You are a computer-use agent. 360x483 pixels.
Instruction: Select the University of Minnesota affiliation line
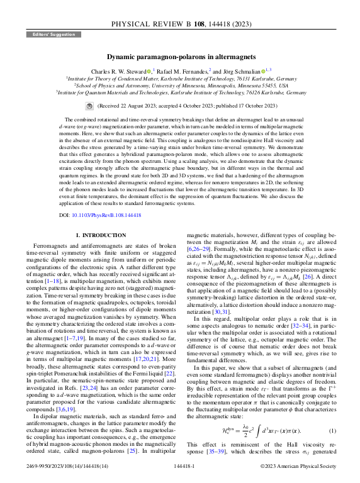click(x=179, y=85)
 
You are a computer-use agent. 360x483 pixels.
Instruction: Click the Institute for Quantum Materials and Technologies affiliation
click(x=179, y=92)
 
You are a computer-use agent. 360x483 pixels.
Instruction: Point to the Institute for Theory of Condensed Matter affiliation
click(x=179, y=79)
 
